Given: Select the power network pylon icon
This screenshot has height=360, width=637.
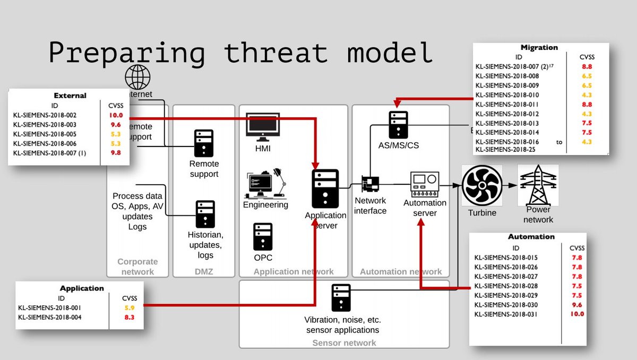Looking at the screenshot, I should [x=535, y=185].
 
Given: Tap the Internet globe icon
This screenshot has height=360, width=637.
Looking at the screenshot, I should [x=137, y=78].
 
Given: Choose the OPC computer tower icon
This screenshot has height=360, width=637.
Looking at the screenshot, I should [x=263, y=237].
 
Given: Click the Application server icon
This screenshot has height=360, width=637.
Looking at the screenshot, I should [x=325, y=188].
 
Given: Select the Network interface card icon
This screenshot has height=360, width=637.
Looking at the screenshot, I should [x=371, y=184].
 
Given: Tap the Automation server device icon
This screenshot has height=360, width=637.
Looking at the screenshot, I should [x=425, y=184].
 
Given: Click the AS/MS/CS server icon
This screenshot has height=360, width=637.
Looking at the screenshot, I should [x=398, y=125].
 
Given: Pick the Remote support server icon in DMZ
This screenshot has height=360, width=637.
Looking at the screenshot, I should [x=204, y=143].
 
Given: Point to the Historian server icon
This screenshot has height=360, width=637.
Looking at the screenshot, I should [x=205, y=214].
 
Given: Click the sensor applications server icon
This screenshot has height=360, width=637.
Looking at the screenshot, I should [x=342, y=298].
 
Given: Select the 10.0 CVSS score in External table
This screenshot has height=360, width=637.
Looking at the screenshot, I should [x=116, y=115].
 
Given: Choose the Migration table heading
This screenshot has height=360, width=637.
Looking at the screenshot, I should [x=539, y=47].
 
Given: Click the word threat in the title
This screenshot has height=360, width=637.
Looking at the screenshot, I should [x=275, y=54].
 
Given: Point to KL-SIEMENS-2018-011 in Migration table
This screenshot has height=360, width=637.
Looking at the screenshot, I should [x=507, y=104].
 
